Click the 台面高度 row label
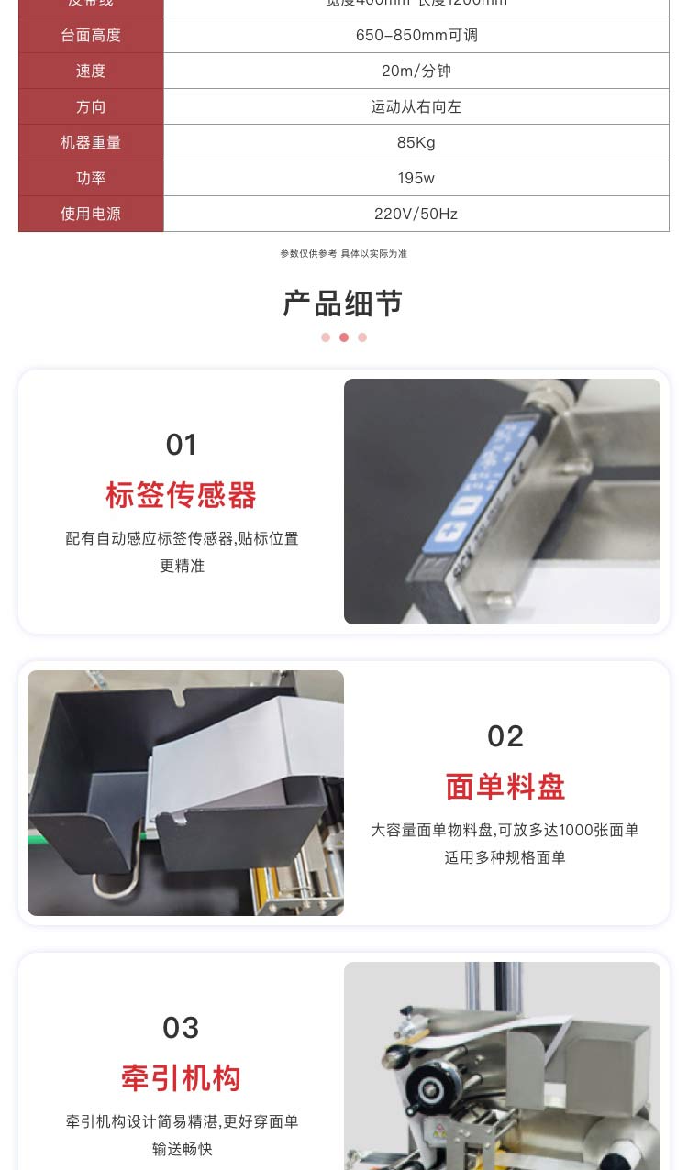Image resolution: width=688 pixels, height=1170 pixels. coord(91,36)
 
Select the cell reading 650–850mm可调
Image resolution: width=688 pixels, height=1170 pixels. coord(416,36)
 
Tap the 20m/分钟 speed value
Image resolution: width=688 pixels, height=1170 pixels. coord(416,71)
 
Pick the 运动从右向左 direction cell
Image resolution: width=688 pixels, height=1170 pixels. coord(416,106)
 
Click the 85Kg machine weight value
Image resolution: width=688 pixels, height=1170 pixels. coord(416,142)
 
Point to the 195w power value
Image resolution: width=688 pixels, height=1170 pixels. coord(416,178)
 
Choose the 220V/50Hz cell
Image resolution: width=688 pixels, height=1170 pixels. coord(416,214)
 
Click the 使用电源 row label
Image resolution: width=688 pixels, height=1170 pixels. coord(91,214)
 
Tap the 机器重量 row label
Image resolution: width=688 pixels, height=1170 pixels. coord(91,142)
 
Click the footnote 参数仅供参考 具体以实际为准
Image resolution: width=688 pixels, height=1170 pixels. coord(344,254)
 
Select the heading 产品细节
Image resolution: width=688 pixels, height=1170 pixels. coord(344,304)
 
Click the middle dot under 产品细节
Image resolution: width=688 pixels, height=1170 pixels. coord(344,337)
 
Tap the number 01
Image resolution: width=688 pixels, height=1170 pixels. coord(182,445)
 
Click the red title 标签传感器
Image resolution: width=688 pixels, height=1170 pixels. coord(182,495)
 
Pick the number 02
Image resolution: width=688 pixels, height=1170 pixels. coord(505,736)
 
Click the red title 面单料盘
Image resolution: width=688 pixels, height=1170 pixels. coord(505,787)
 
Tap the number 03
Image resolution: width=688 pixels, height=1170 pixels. coord(182,1028)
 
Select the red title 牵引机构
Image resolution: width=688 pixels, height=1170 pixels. coord(182,1078)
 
